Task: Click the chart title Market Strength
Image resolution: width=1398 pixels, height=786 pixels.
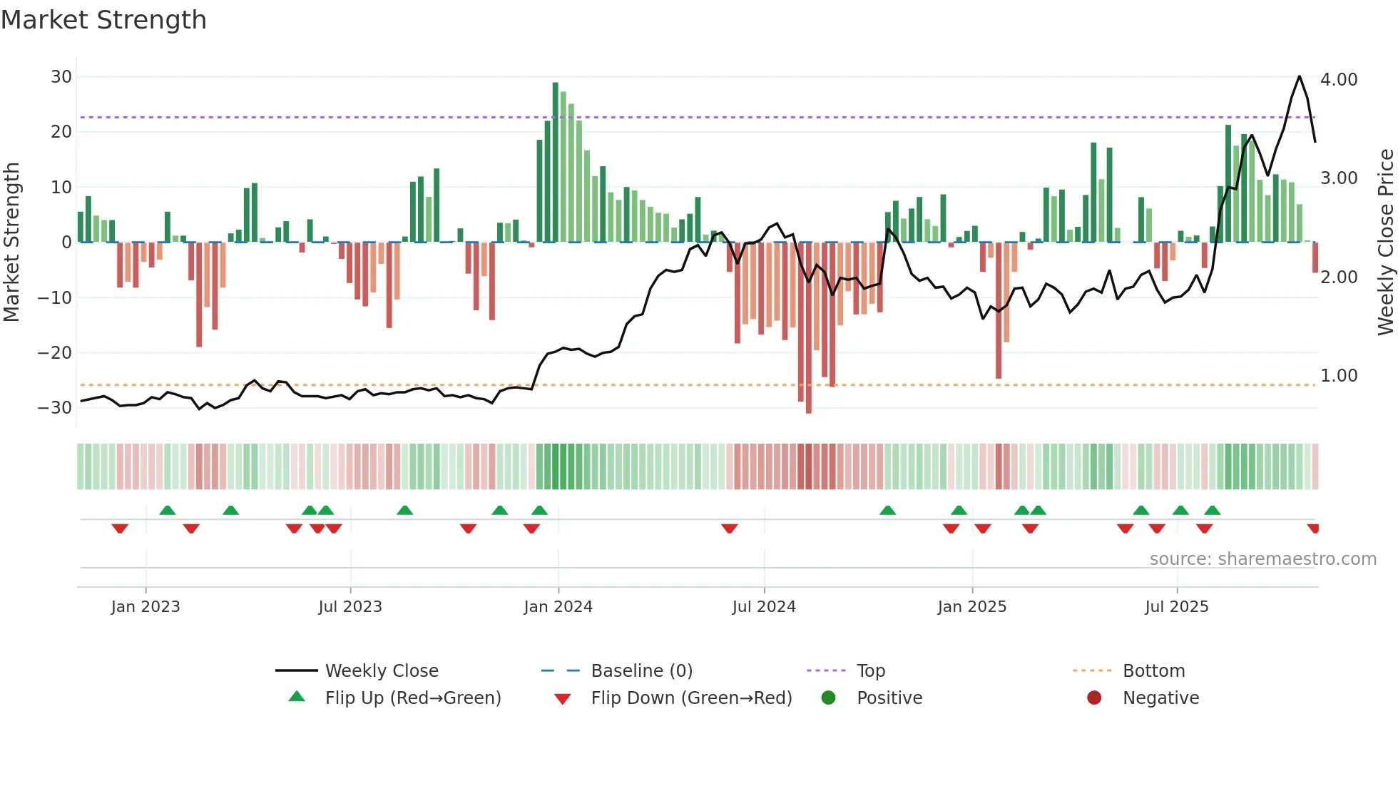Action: pyautogui.click(x=104, y=20)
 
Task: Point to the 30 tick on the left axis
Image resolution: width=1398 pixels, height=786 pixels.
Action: pyautogui.click(x=61, y=77)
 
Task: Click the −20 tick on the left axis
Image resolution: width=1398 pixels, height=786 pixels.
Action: pyautogui.click(x=56, y=353)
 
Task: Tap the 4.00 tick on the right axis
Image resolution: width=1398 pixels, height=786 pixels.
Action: pyautogui.click(x=1339, y=80)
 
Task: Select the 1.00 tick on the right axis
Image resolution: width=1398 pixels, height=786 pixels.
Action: pyautogui.click(x=1339, y=376)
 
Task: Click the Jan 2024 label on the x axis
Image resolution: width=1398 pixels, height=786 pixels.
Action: pyautogui.click(x=558, y=607)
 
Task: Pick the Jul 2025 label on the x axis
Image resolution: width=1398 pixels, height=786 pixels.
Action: pyautogui.click(x=1177, y=607)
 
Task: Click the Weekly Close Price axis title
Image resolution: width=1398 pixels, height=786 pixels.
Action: pyautogui.click(x=1385, y=243)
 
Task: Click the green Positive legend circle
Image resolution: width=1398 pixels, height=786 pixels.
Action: pyautogui.click(x=828, y=698)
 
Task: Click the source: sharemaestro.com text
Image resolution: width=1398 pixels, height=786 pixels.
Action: pyautogui.click(x=1262, y=559)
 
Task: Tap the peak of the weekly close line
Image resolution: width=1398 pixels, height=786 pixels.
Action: pyautogui.click(x=1300, y=76)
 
